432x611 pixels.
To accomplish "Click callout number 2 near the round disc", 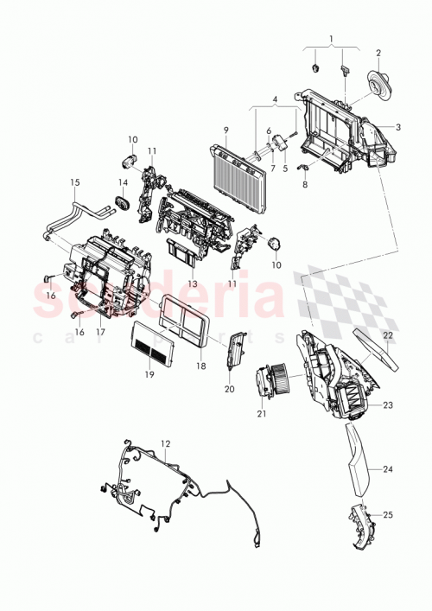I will tap(378, 51).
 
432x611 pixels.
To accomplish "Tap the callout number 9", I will tap(225, 130).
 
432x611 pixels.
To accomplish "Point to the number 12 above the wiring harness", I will tap(164, 442).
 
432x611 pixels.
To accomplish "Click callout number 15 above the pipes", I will tap(74, 182).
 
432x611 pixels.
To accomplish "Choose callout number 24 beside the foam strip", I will tap(387, 469).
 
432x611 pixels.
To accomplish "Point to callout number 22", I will tap(388, 334).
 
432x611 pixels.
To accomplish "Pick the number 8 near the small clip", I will tap(304, 184).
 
